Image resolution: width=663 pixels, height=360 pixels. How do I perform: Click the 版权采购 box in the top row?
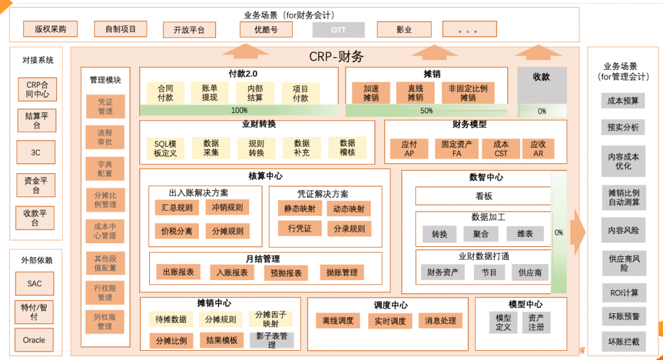pos(50,29)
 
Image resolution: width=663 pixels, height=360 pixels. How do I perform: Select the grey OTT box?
pos(338,29)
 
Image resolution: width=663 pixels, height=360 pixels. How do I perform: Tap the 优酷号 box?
pos(266,29)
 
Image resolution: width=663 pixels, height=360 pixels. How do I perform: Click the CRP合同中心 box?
pos(37,90)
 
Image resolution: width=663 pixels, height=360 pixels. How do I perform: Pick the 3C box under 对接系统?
pos(36,152)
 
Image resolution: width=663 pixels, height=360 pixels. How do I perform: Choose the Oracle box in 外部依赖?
pos(34,340)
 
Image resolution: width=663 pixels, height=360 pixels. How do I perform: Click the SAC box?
pos(34,284)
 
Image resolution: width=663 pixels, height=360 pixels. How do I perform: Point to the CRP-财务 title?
pos(336,57)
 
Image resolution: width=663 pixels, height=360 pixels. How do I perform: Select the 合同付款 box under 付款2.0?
pos(165,93)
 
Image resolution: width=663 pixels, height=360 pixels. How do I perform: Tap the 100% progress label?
pos(239,111)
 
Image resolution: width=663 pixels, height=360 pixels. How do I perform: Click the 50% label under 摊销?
pos(427,111)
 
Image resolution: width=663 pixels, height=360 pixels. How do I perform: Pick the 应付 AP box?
pos(409,149)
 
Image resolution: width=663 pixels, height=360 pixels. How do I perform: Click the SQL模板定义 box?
pos(165,148)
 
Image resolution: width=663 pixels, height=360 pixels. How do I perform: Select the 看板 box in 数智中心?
pos(484,196)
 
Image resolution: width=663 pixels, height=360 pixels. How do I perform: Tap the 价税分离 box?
pos(176,231)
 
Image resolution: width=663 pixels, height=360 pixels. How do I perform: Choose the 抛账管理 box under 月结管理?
pos(342,272)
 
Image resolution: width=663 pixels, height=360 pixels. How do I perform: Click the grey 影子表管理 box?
pos(271,340)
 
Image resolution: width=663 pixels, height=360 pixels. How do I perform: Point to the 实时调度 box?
pos(390,321)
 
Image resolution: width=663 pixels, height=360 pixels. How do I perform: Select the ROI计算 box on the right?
pos(624,293)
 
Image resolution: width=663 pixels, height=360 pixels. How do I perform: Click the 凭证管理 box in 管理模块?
pos(105,106)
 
